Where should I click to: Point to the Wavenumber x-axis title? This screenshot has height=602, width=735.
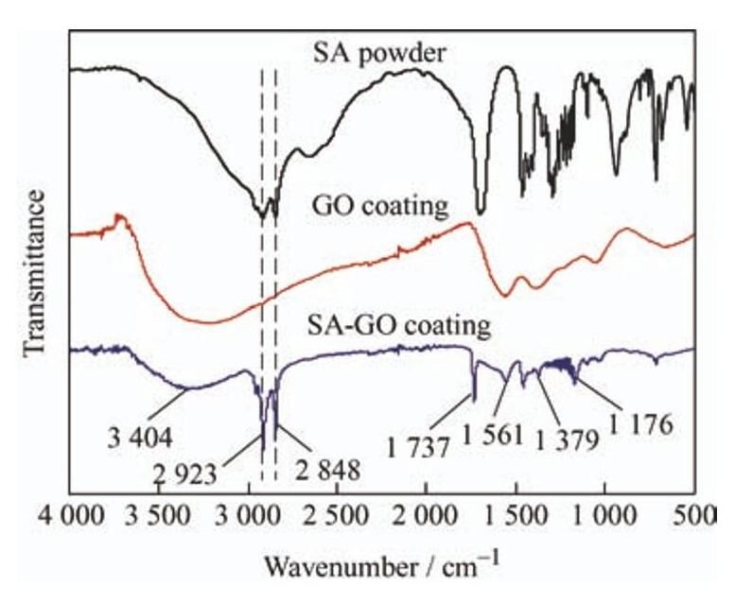(x=378, y=567)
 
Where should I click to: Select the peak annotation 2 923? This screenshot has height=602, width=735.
(x=223, y=470)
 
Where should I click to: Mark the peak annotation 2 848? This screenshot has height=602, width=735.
(x=326, y=470)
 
